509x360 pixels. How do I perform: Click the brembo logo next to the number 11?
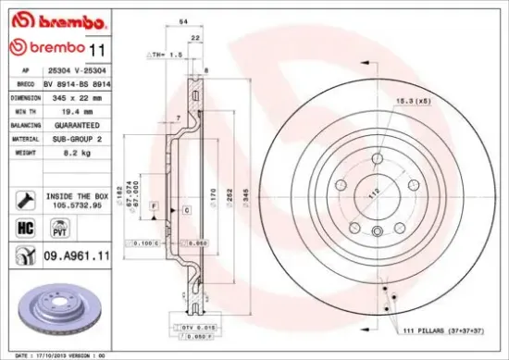(47, 46)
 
